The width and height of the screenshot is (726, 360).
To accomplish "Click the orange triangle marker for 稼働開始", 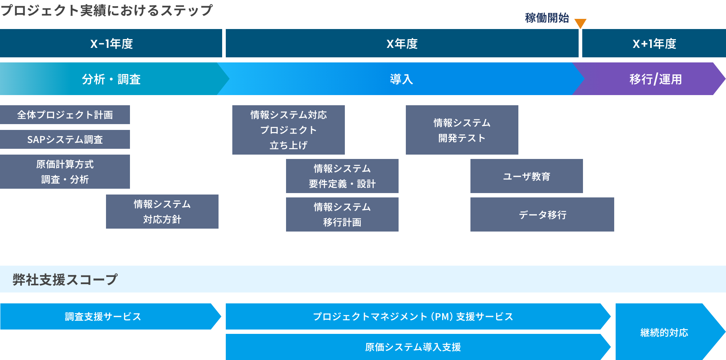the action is (x=580, y=23).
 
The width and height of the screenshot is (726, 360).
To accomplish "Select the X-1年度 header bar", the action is (x=111, y=43).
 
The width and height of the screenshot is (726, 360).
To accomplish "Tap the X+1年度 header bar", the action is (x=654, y=43).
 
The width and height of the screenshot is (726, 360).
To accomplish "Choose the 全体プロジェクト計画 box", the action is (x=65, y=115).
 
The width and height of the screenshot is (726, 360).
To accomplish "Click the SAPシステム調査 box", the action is (x=65, y=139).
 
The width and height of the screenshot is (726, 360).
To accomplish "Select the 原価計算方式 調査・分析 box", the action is (x=65, y=172).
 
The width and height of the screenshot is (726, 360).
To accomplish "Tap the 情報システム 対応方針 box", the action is (x=162, y=212).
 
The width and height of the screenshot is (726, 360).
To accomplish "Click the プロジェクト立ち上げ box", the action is (x=289, y=130).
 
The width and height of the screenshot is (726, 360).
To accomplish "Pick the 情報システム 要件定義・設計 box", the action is (x=342, y=176).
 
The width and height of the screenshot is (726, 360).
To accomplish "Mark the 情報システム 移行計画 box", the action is (x=342, y=214).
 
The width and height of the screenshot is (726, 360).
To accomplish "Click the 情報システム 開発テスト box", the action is (x=462, y=130).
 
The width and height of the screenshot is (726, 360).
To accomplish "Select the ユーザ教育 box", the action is (x=527, y=176).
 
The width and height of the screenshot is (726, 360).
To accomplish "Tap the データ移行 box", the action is (x=542, y=214).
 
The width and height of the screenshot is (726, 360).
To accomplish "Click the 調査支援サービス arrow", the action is (x=109, y=316).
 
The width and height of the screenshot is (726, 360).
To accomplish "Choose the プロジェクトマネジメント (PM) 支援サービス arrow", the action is (x=417, y=316).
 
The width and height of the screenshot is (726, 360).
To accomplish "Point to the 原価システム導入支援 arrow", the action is (x=417, y=347).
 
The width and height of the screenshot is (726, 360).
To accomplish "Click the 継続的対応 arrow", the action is (x=664, y=332).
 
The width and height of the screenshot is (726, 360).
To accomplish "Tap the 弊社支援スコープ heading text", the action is (x=65, y=279).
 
